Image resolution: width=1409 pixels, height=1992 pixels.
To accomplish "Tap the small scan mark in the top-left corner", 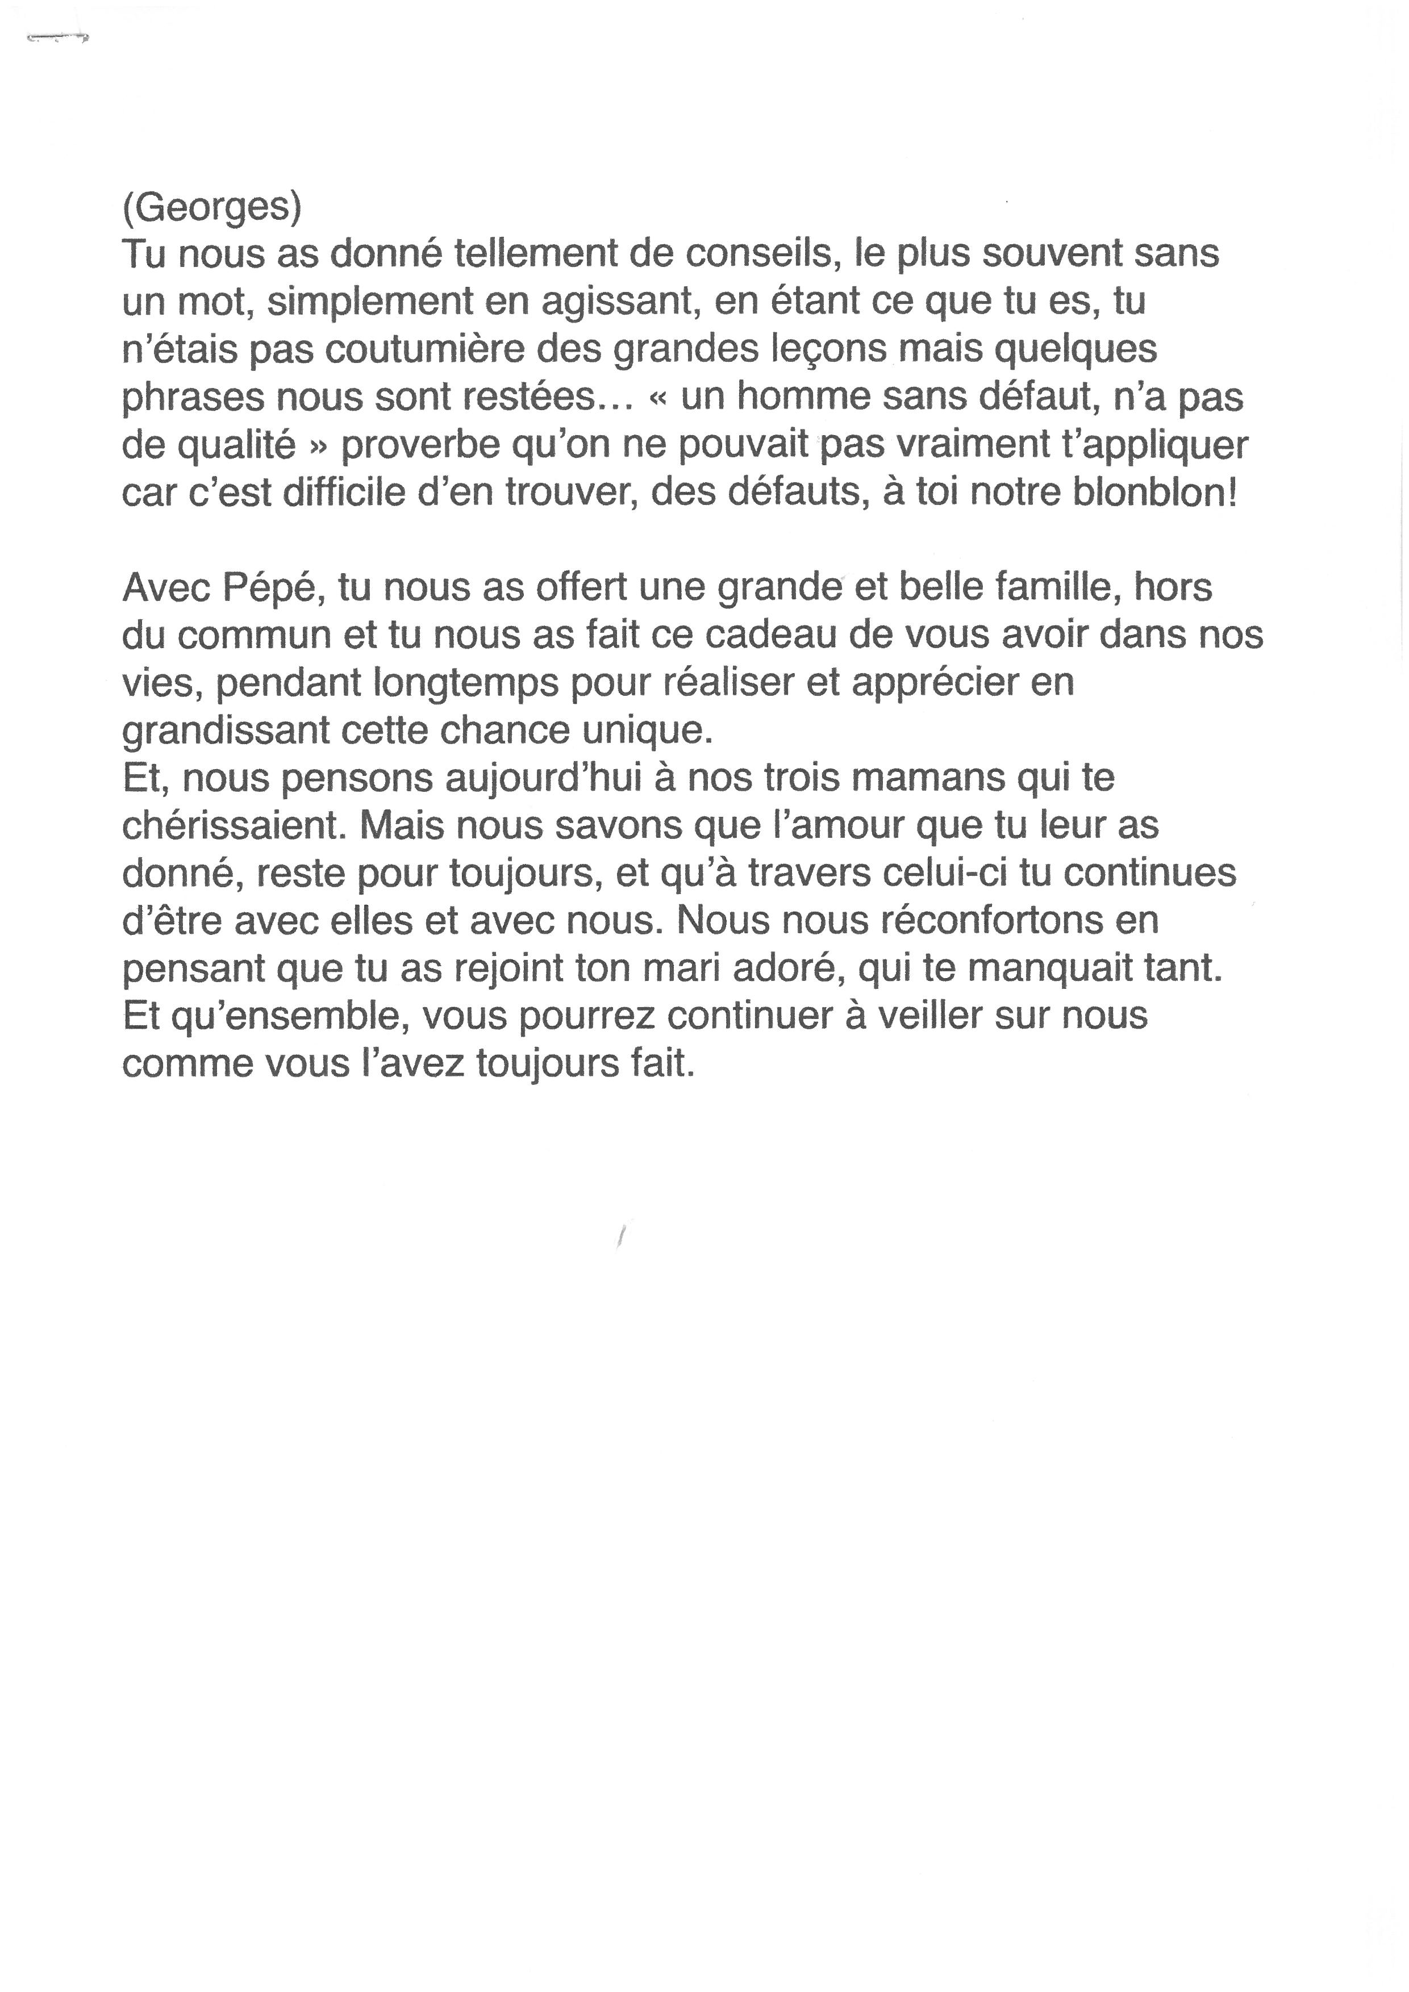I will [x=58, y=38].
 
